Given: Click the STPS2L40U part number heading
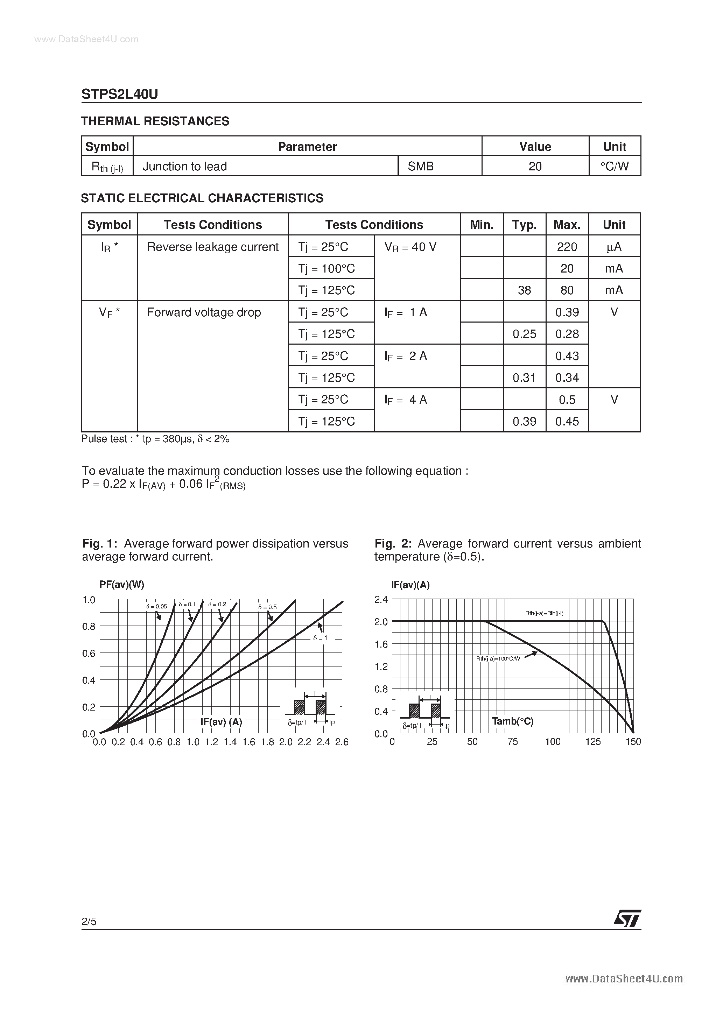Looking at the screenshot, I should (119, 94).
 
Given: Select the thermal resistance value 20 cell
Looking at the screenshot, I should (535, 166).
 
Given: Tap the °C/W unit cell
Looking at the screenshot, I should (614, 166).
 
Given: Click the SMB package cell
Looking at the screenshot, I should (421, 166).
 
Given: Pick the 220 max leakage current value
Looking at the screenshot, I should (567, 247).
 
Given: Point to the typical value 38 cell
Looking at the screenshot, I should (524, 290).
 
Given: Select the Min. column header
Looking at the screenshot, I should (482, 225).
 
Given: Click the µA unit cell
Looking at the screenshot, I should (614, 247).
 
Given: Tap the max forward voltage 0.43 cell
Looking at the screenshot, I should (567, 356).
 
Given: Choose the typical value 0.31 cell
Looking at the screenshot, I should (524, 378).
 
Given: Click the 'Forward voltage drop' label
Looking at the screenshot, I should (204, 312).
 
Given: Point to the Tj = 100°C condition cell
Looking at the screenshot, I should (327, 269).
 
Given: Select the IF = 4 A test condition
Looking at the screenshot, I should (406, 400).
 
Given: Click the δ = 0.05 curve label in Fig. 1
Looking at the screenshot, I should (156, 606).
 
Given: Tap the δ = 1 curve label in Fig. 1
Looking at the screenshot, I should (320, 638).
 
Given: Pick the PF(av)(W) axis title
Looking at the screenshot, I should (122, 585).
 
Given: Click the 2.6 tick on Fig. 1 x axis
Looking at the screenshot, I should (342, 742).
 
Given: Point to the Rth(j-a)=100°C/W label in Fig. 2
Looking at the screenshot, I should (498, 658).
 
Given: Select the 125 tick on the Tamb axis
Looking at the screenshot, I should (593, 742).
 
